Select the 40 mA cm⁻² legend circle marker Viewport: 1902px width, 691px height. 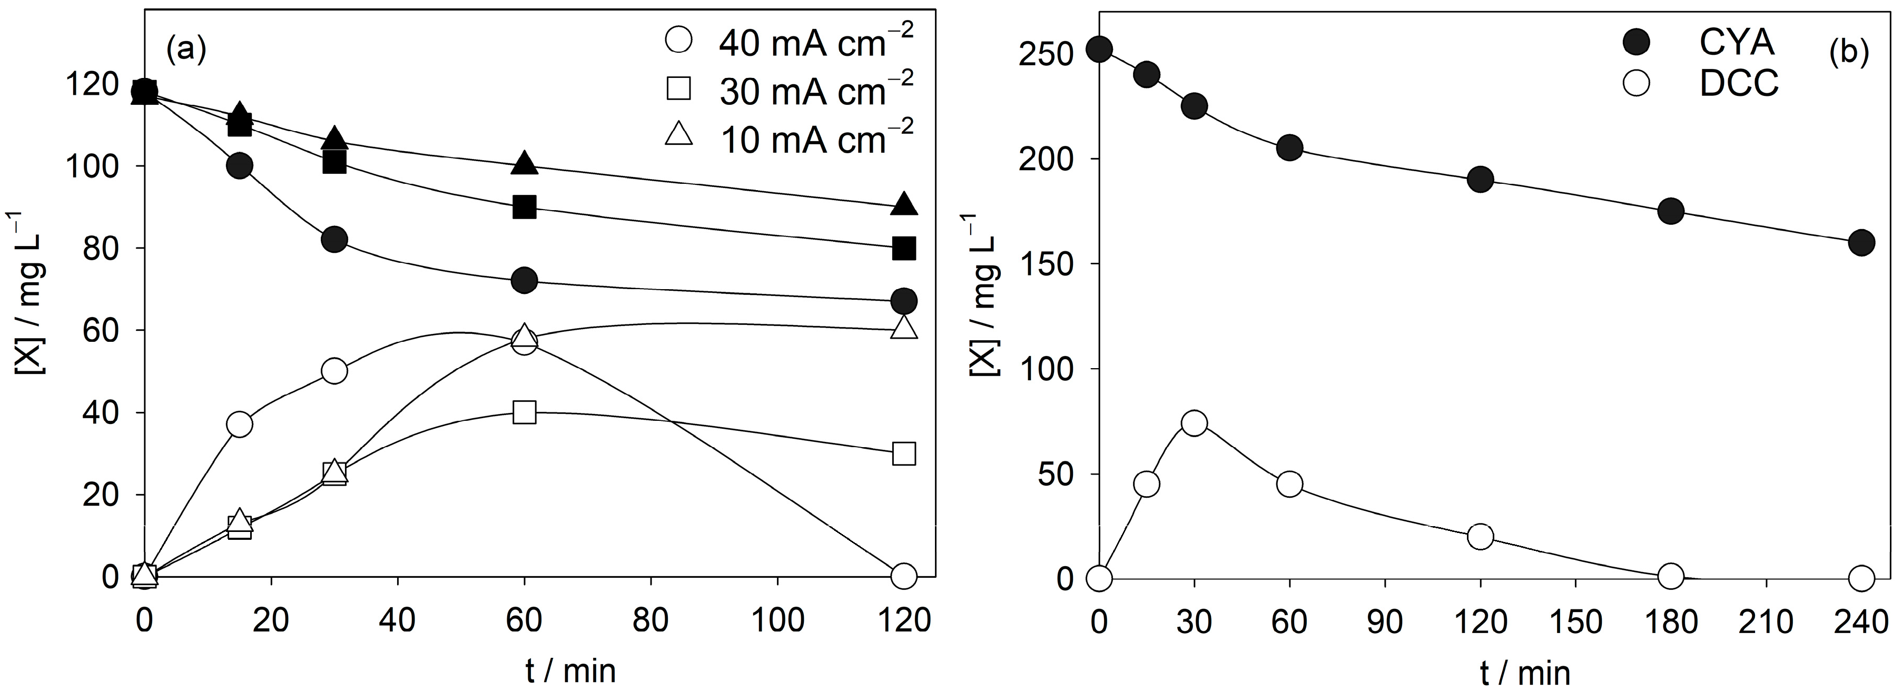pyautogui.click(x=678, y=40)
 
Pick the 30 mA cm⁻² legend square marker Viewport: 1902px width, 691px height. pyautogui.click(x=678, y=88)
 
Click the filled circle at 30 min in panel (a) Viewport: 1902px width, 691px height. pyautogui.click(x=334, y=239)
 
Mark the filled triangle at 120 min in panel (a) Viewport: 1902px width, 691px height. pyautogui.click(x=904, y=204)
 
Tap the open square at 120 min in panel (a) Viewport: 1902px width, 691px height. pyautogui.click(x=904, y=453)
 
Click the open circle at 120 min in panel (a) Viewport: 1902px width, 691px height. pyautogui.click(x=904, y=576)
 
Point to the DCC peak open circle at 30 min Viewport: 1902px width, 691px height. pyautogui.click(x=1194, y=422)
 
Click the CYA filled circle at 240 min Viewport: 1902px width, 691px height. pyautogui.click(x=1861, y=242)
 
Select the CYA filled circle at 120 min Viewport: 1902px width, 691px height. pyautogui.click(x=1481, y=180)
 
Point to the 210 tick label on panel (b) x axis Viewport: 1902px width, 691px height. pyautogui.click(x=1766, y=623)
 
